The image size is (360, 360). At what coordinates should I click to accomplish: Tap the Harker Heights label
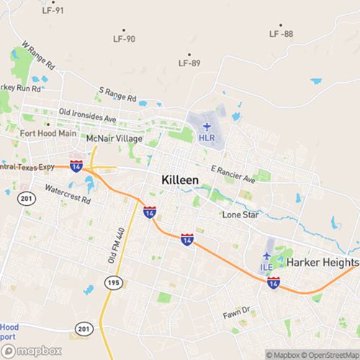[x=322, y=263]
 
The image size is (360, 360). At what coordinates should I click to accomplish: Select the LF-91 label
[x=53, y=11]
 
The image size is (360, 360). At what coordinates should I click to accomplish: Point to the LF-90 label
[x=125, y=39]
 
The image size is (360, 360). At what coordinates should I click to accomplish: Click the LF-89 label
[x=189, y=63]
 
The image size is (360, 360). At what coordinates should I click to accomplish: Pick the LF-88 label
[x=281, y=34]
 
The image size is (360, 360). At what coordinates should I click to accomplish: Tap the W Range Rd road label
[x=39, y=55]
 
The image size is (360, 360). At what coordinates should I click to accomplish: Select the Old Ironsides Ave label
[x=88, y=116]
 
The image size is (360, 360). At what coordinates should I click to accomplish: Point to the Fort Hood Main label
[x=48, y=133]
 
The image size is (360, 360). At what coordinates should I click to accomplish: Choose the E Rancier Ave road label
[x=233, y=173]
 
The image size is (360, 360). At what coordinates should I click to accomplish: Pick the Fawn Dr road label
[x=235, y=311]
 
